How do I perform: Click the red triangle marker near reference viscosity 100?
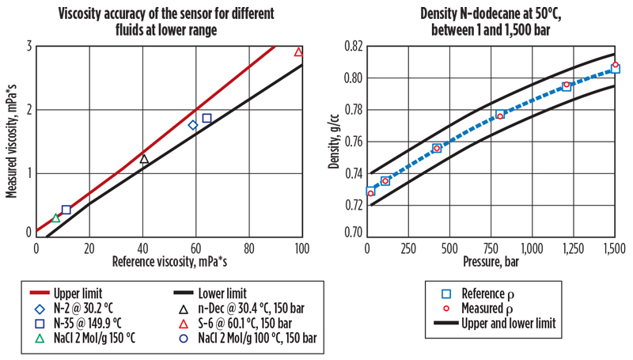pos(298,52)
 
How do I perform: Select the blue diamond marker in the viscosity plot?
pos(193,125)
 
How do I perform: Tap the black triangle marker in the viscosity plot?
pos(144,159)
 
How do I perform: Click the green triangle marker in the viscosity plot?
pos(55,218)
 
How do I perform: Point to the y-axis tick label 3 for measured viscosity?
pos(28,46)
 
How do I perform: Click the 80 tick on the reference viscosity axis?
pos(248,248)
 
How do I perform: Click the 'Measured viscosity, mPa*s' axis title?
pos(12,139)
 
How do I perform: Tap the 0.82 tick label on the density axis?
pos(346,46)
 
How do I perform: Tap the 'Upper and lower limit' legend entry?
pos(506,324)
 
